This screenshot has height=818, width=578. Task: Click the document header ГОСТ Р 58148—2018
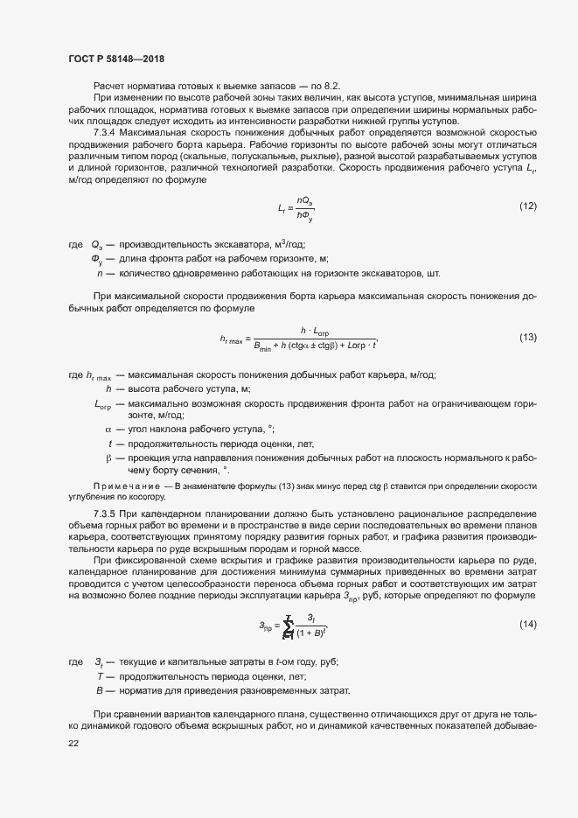115,59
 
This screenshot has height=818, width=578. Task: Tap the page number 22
73,743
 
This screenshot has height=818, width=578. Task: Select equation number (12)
527,206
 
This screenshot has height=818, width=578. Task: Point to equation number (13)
527,337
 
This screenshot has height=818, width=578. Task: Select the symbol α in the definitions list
108,429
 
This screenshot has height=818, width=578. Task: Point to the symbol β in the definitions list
108,458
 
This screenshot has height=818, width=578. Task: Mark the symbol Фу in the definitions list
98,259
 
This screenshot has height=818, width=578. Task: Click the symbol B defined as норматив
100,690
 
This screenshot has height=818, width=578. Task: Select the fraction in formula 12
305,207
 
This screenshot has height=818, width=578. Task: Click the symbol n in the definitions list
100,273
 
